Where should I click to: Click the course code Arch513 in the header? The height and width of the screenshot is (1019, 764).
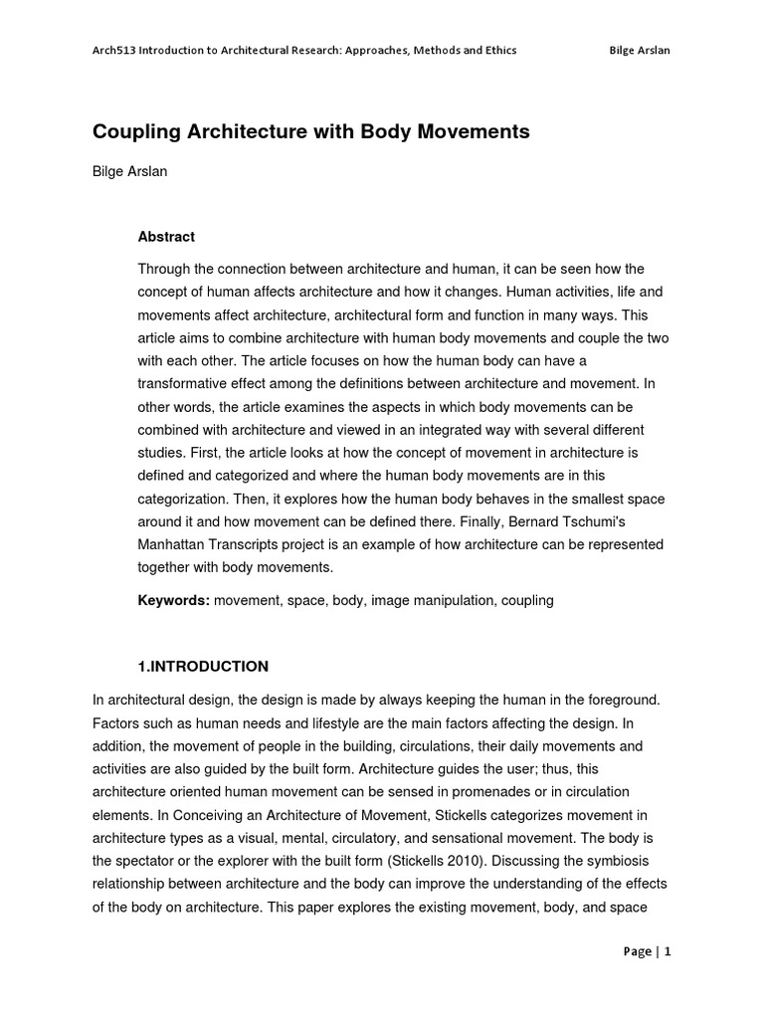click(x=112, y=51)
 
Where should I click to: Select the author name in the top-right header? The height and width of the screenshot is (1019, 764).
click(x=639, y=51)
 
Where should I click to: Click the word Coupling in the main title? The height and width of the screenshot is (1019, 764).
click(x=136, y=131)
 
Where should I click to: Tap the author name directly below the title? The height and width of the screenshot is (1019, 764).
click(x=130, y=171)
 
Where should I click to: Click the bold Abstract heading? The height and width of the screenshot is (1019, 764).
click(x=166, y=237)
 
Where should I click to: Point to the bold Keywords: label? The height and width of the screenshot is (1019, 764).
click(x=173, y=601)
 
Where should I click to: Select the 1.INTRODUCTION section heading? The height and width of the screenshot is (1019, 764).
click(x=203, y=666)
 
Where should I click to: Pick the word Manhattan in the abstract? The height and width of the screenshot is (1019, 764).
click(x=172, y=544)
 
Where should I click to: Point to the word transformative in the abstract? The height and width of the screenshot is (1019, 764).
click(x=186, y=384)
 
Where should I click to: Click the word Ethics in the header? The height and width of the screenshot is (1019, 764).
click(x=499, y=51)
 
